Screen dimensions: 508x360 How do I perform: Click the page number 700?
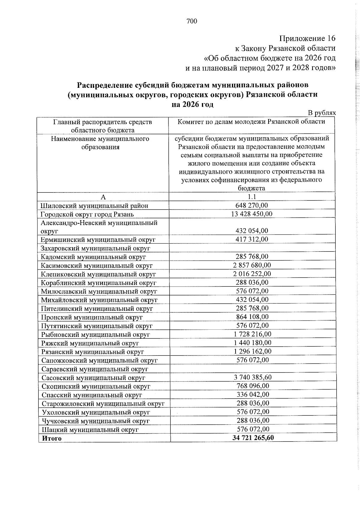click(192, 21)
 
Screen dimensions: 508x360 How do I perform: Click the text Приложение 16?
click(307, 38)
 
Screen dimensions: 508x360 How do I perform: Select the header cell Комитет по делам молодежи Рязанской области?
click(251, 122)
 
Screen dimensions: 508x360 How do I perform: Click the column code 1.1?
click(252, 197)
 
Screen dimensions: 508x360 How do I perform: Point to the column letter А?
click(103, 197)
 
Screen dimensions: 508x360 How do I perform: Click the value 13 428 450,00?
click(252, 214)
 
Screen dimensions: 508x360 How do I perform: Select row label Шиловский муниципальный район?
click(94, 206)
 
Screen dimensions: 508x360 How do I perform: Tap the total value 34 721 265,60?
click(253, 438)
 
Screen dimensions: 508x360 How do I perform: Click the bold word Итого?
click(52, 438)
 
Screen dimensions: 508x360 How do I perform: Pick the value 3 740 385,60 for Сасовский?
click(253, 377)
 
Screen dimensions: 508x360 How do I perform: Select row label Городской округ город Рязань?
click(87, 214)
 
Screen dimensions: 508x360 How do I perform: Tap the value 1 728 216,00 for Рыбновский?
click(252, 334)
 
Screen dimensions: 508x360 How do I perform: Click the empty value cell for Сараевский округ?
click(253, 369)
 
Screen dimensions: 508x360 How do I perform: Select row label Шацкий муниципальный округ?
click(90, 429)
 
